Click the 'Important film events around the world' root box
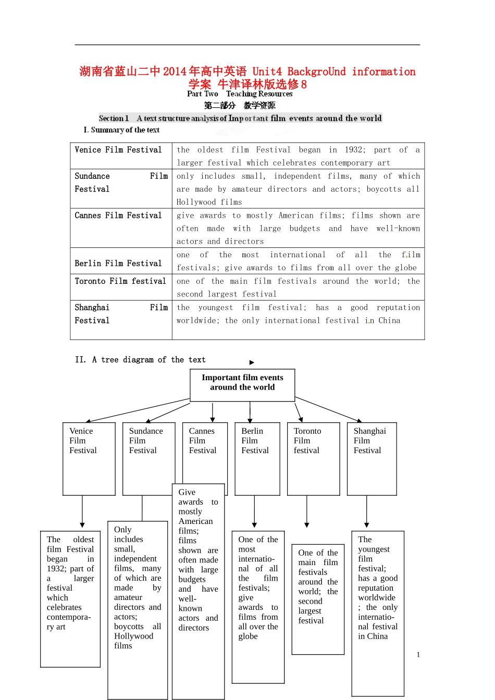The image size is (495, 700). [x=242, y=385]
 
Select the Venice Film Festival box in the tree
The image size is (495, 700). [x=89, y=458]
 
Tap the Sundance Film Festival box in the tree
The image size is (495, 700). [x=148, y=458]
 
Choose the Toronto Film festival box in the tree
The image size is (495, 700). [x=313, y=458]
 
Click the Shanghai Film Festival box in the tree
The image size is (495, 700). [x=372, y=458]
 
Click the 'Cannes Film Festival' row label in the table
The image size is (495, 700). [x=118, y=216]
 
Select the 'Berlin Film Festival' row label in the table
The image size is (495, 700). [x=118, y=264]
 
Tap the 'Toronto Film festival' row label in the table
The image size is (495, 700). [x=120, y=281]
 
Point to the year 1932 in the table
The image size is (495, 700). [x=354, y=150]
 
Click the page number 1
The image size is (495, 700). [x=418, y=655]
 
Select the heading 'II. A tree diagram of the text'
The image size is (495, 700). [x=140, y=360]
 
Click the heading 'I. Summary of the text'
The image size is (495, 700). [x=121, y=130]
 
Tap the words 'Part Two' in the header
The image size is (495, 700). [x=203, y=94]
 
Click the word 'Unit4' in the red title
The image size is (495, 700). [x=267, y=72]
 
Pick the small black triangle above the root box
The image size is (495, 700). [x=252, y=362]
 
